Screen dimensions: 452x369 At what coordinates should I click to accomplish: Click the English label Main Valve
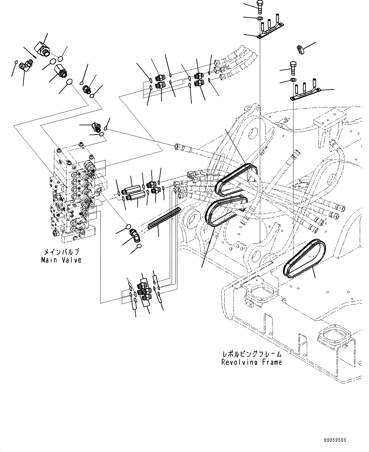61,260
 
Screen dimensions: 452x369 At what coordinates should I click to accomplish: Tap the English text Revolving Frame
252,362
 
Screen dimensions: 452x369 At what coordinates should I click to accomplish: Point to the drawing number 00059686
335,440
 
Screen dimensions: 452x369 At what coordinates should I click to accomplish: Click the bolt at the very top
260,6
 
